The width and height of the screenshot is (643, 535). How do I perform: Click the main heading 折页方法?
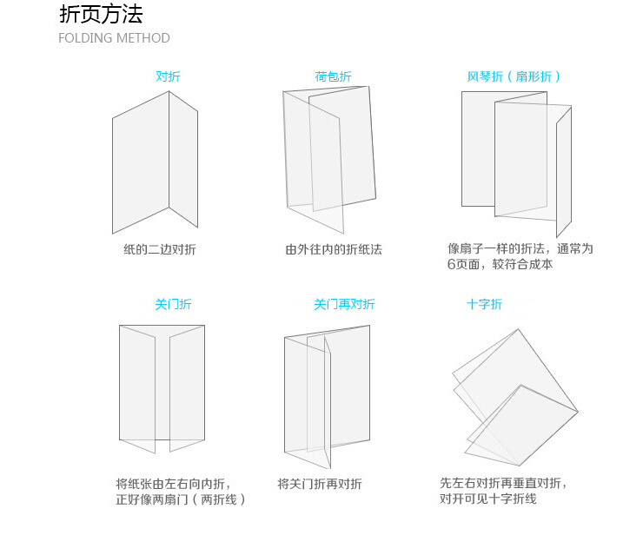point(101,14)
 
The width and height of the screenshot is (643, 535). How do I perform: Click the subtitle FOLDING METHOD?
point(114,38)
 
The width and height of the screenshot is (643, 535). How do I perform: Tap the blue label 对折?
point(168,76)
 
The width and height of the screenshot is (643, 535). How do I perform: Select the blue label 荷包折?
point(333,76)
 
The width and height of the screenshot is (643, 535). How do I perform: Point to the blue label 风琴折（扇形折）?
point(514,76)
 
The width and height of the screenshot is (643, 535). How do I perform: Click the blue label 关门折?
point(173,304)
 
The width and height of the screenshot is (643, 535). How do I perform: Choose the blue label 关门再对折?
point(344,304)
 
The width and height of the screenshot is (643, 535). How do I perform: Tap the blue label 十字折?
point(484,304)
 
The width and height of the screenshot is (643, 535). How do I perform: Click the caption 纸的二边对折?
point(160,249)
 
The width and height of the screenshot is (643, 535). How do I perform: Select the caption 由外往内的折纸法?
point(334,249)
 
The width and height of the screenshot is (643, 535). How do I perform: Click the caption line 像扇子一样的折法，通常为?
point(520,248)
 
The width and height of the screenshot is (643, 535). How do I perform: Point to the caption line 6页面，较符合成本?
point(500,264)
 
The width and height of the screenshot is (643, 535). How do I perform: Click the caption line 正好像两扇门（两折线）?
point(181,499)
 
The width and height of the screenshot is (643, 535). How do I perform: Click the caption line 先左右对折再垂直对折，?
point(509,483)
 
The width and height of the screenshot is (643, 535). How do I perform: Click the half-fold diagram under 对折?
point(155,162)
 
